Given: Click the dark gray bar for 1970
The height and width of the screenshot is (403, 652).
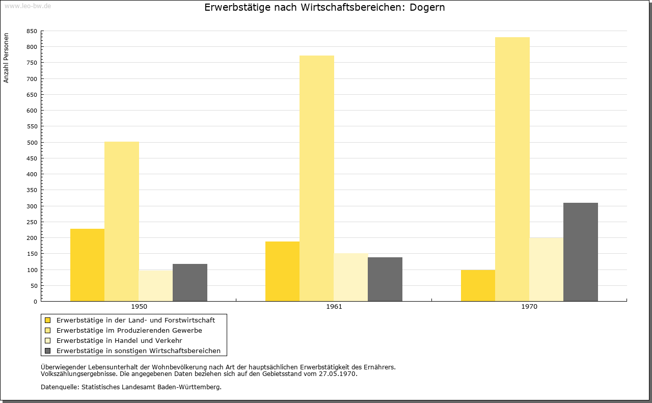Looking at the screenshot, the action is pyautogui.click(x=580, y=252).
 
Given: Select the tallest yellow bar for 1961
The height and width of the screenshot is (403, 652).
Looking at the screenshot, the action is pyautogui.click(x=317, y=178).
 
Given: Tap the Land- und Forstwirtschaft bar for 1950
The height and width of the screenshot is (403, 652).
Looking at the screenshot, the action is pyautogui.click(x=87, y=265).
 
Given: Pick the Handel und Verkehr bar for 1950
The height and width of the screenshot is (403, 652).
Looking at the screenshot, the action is pyautogui.click(x=156, y=286).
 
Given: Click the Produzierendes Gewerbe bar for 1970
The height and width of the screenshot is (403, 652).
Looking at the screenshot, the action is pyautogui.click(x=512, y=169).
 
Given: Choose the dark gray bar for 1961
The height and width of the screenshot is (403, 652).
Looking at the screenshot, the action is pyautogui.click(x=385, y=279).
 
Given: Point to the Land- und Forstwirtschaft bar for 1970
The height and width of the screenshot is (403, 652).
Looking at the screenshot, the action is pyautogui.click(x=478, y=285).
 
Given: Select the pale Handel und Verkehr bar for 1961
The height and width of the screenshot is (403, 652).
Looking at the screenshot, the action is pyautogui.click(x=351, y=277).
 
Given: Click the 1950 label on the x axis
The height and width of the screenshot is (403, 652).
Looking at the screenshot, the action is pyautogui.click(x=139, y=307).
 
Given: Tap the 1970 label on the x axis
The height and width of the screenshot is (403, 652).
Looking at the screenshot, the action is pyautogui.click(x=529, y=307).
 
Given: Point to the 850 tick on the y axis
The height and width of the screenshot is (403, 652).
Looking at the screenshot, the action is pyautogui.click(x=32, y=31).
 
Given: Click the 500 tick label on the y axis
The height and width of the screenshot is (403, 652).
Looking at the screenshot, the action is pyautogui.click(x=32, y=143).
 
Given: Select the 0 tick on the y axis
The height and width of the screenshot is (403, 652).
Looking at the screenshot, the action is pyautogui.click(x=35, y=302).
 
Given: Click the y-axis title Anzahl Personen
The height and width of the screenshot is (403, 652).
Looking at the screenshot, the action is pyautogui.click(x=6, y=58).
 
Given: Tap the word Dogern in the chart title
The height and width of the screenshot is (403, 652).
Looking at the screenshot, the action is pyautogui.click(x=427, y=8).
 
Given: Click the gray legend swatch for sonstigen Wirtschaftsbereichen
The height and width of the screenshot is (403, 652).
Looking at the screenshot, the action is pyautogui.click(x=47, y=351).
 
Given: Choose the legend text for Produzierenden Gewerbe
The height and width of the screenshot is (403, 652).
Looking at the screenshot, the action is pyautogui.click(x=129, y=331).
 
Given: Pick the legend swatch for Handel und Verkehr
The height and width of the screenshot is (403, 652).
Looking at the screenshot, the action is pyautogui.click(x=47, y=341).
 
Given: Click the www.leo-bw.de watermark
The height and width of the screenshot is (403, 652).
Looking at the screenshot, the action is pyautogui.click(x=28, y=6).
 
